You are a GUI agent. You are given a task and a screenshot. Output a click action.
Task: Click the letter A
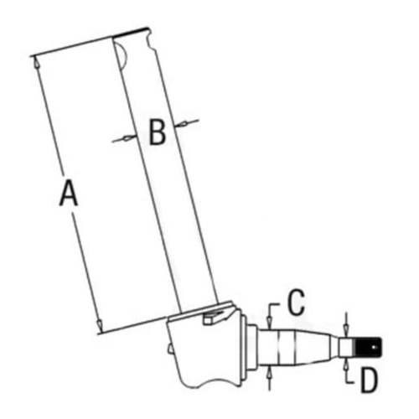click(69, 194)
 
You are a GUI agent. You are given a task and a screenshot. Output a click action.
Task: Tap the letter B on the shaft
click(157, 132)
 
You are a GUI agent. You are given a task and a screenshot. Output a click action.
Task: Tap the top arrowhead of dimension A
click(36, 60)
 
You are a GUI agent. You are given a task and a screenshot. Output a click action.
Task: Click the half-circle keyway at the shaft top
click(122, 57)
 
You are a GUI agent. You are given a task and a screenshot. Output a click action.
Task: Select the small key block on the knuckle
click(216, 314)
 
